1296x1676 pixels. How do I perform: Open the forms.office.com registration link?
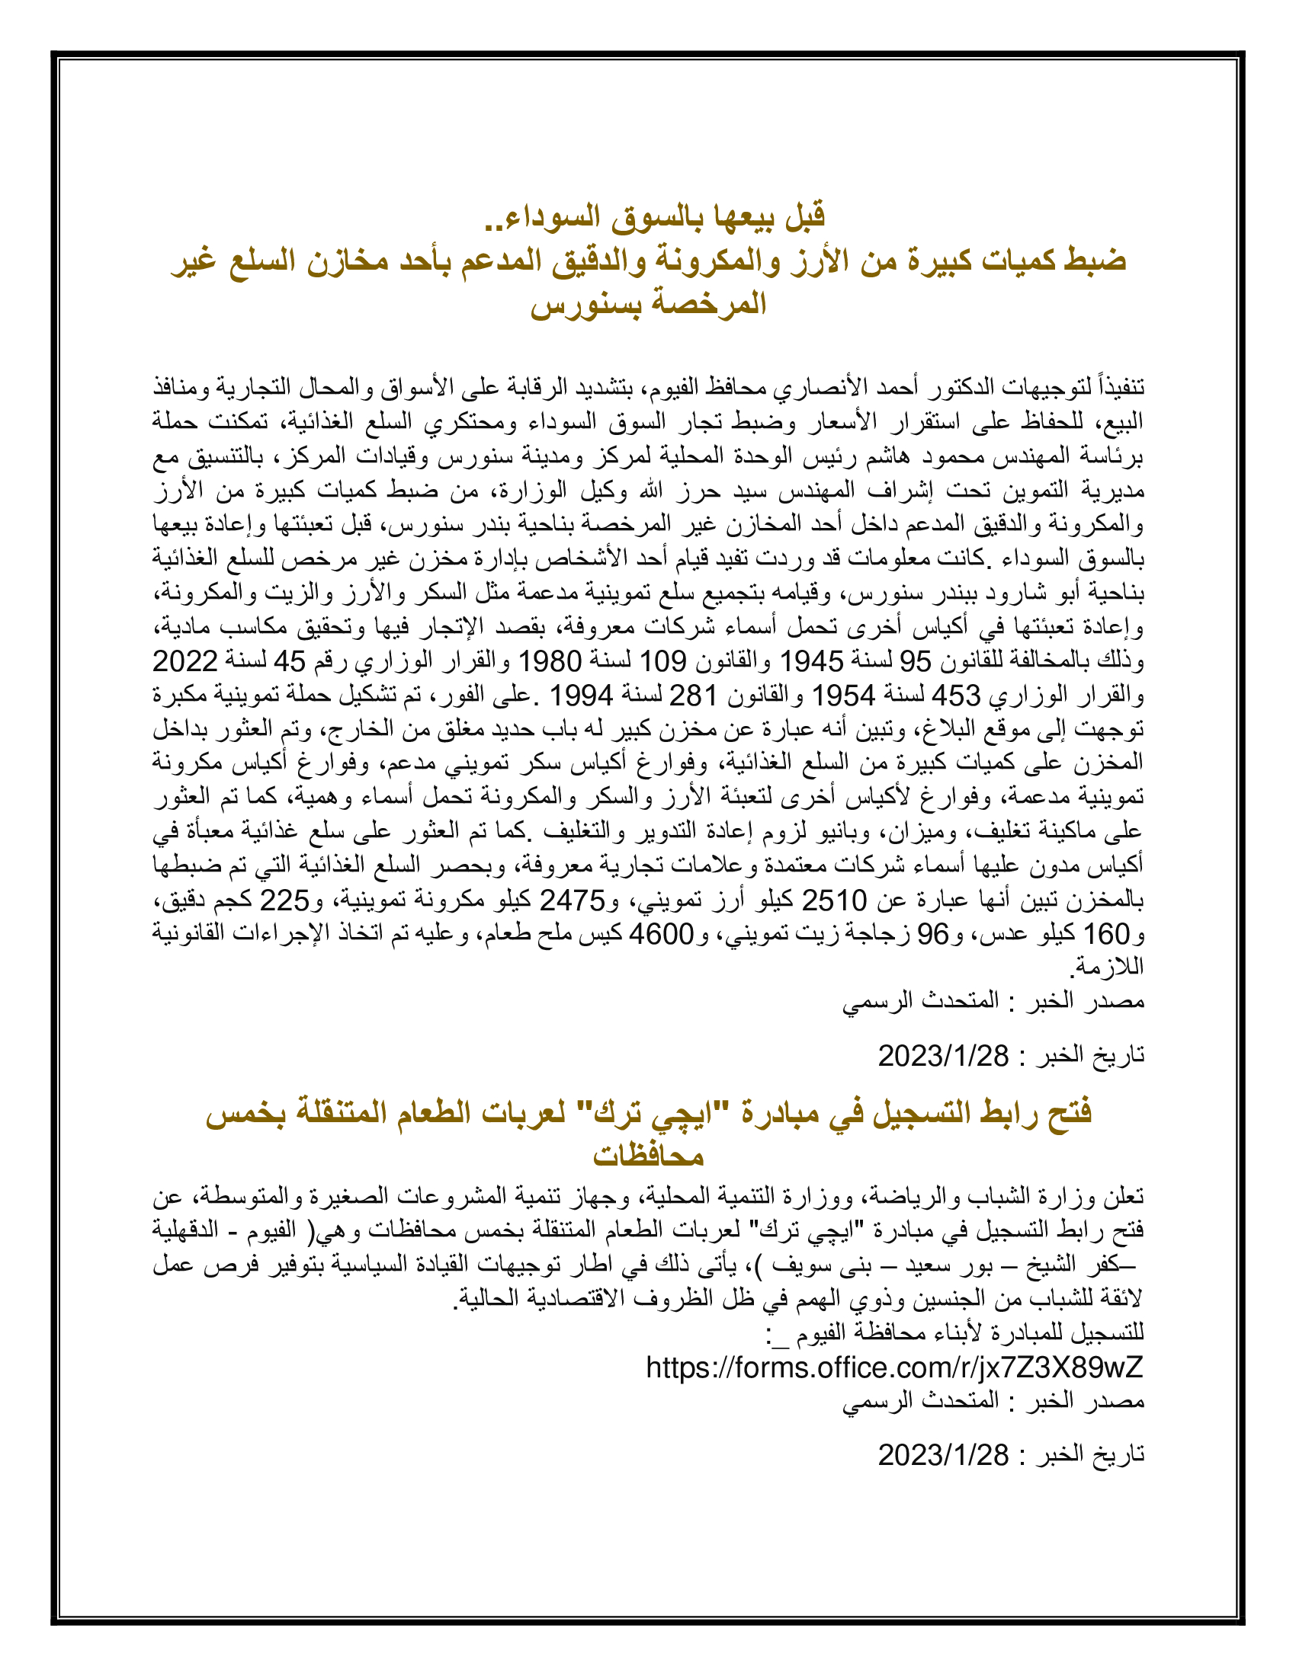tap(894, 1367)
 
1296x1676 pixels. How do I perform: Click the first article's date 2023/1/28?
tap(944, 1057)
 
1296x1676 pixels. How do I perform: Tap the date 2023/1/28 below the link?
tap(944, 1454)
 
